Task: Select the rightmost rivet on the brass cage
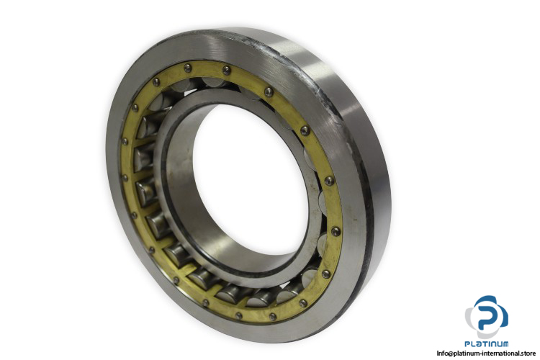coord(336,231)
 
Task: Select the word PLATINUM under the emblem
coord(486,343)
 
